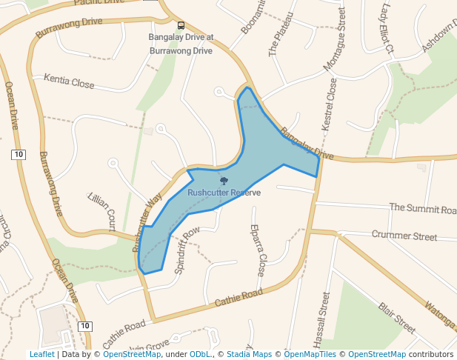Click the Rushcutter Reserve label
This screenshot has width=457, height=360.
pyautogui.click(x=224, y=193)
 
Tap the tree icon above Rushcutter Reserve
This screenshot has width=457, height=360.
pyautogui.click(x=224, y=181)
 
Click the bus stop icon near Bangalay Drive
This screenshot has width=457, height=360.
pyautogui.click(x=181, y=25)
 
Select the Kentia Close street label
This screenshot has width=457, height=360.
pyautogui.click(x=69, y=81)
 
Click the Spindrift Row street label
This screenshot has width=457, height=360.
pyautogui.click(x=187, y=251)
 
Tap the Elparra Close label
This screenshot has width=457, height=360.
pyautogui.click(x=257, y=250)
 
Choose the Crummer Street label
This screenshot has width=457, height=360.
pyautogui.click(x=404, y=236)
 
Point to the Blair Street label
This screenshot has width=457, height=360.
pyautogui.click(x=397, y=316)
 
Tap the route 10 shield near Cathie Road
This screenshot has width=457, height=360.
pyautogui.click(x=85, y=326)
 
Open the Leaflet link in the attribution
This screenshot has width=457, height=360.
pyautogui.click(x=41, y=355)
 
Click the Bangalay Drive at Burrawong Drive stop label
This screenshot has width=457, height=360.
pyautogui.click(x=181, y=44)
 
